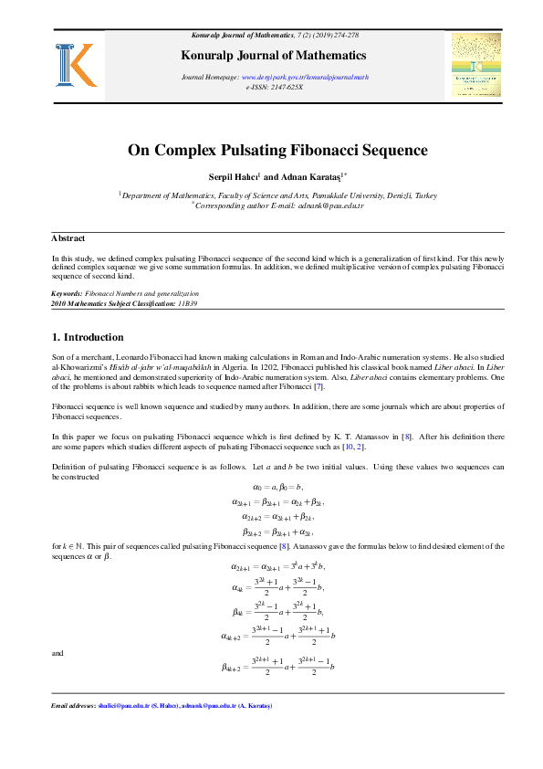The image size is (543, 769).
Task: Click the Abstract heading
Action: pyautogui.click(x=68, y=238)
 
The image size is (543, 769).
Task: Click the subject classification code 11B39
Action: pyautogui.click(x=187, y=302)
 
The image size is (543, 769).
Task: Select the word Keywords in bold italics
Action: pyautogui.click(x=68, y=293)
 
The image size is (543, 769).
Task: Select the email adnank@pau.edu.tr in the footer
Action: pyautogui.click(x=213, y=706)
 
